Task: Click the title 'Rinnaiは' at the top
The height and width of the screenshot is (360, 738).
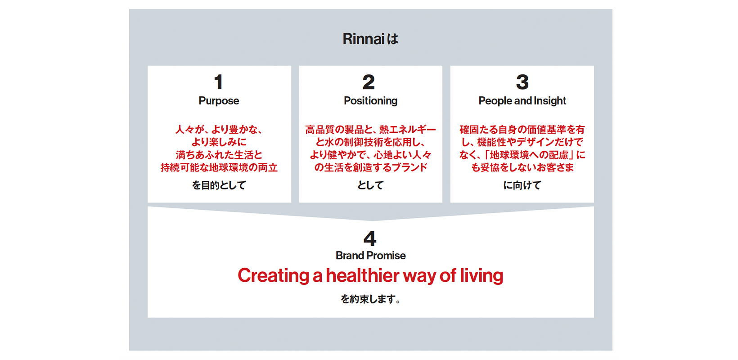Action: pos(370,39)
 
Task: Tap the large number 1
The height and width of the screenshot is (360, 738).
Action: pos(218,82)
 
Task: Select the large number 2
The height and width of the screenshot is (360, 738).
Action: pos(369,82)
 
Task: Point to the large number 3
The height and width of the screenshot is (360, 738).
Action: pos(522,82)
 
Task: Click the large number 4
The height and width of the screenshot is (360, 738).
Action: pos(370,238)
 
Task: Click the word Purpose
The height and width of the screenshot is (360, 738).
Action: pos(219,101)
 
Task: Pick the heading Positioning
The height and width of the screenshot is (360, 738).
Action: pos(371,101)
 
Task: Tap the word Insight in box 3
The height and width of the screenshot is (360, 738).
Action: pos(550,101)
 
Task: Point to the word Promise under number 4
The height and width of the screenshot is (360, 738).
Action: pos(386,256)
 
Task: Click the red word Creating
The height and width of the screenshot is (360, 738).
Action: pos(273,276)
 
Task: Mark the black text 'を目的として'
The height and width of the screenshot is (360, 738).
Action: pos(219,185)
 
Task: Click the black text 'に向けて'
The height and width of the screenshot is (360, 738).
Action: pos(522,185)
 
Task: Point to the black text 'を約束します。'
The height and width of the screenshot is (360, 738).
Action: pos(370,299)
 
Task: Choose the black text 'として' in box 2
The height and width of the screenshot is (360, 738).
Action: pos(371,185)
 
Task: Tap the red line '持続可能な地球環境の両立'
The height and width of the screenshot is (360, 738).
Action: pos(219,168)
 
